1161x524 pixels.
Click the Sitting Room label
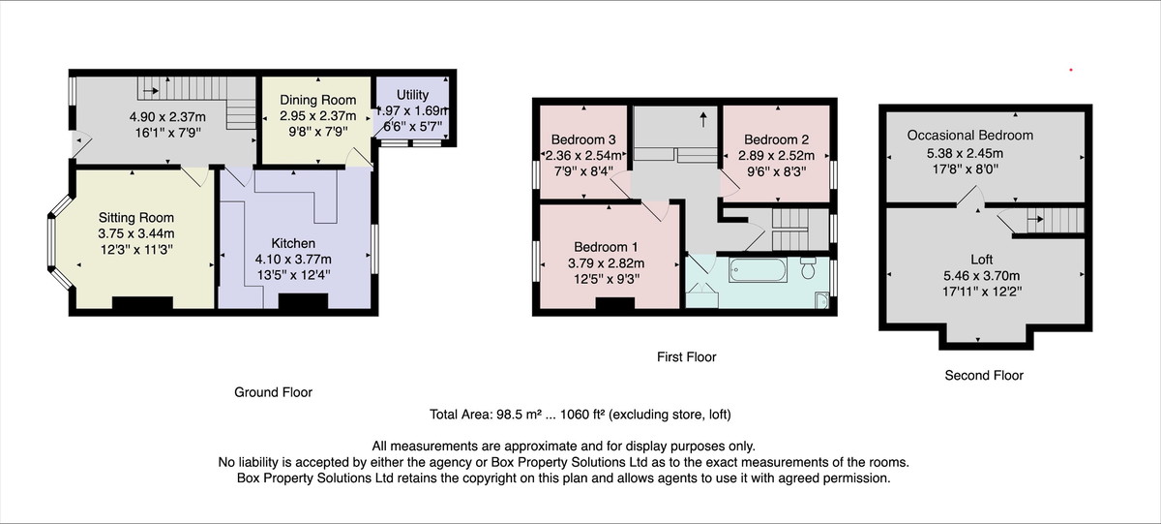click(x=136, y=218)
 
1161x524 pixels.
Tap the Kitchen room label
click(x=293, y=243)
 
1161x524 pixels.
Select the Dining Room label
click(x=317, y=100)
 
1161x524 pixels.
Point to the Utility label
click(x=412, y=95)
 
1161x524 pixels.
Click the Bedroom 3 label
click(x=583, y=139)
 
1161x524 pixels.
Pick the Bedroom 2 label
click(x=776, y=139)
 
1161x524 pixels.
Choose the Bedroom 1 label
click(x=606, y=247)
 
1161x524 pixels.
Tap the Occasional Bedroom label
click(x=970, y=136)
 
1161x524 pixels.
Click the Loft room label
click(x=982, y=260)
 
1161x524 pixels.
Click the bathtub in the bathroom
click(x=758, y=270)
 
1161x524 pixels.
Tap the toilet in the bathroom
click(x=808, y=267)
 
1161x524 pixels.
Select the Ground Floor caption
click(x=273, y=392)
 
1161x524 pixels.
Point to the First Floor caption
click(x=686, y=357)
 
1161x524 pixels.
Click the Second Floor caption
click(x=984, y=376)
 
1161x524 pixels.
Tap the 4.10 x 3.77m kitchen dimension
click(x=293, y=260)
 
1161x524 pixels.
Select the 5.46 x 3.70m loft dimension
click(x=982, y=275)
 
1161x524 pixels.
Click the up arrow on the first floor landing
click(x=703, y=119)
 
